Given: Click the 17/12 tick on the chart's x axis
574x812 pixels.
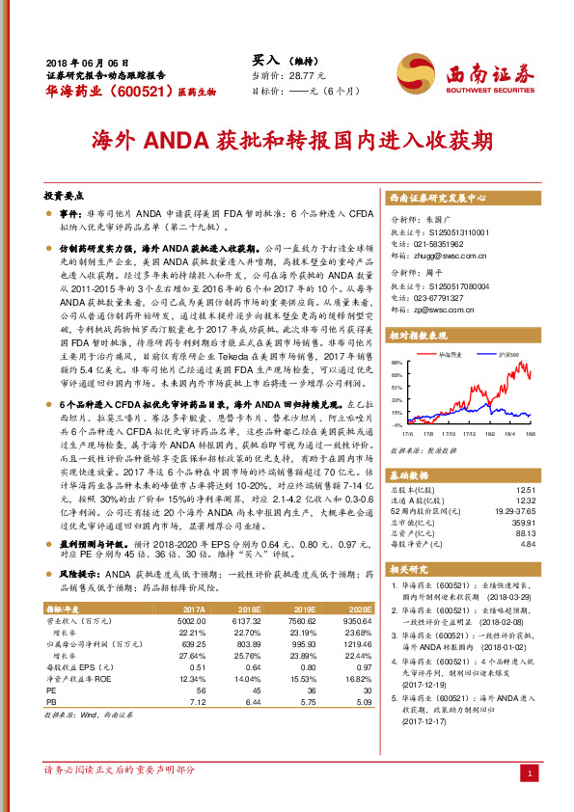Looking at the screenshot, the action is [458, 435].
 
